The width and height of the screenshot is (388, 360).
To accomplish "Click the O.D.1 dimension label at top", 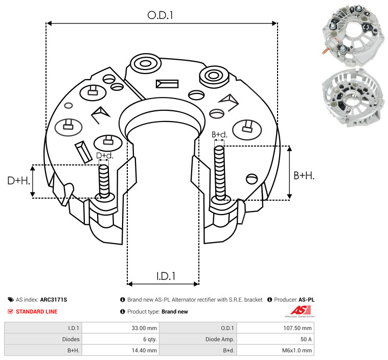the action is [x=160, y=15].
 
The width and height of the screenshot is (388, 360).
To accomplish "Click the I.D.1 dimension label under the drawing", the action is [x=166, y=276].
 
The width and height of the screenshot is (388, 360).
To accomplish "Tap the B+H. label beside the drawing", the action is [x=304, y=176].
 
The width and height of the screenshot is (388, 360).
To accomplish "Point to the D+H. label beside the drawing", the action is [x=18, y=180].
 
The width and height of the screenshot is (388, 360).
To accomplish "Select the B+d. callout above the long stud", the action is [x=219, y=134].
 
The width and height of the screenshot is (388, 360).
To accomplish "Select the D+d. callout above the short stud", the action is [x=104, y=156].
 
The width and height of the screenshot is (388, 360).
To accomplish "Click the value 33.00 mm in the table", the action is [x=144, y=328].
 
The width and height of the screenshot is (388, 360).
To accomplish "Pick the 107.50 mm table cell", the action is [x=298, y=328].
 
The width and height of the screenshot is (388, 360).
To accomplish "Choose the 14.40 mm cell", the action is [x=144, y=350].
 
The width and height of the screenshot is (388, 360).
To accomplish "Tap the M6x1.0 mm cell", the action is [x=297, y=350].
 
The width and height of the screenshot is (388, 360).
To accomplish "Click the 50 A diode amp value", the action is [x=306, y=339].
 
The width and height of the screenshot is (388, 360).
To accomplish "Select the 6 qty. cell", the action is [x=150, y=339].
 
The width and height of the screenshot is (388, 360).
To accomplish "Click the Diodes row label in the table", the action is [x=71, y=339].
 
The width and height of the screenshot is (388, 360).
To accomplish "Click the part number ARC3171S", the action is [x=54, y=300].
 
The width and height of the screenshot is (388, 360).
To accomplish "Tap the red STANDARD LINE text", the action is [x=37, y=311].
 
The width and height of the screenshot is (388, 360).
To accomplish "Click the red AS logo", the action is [x=301, y=310].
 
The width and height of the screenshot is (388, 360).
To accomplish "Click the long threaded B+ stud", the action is [x=219, y=173].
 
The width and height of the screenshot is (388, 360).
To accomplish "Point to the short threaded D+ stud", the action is [x=104, y=181].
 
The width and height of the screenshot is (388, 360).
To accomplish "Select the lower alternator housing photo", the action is [x=353, y=98].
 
